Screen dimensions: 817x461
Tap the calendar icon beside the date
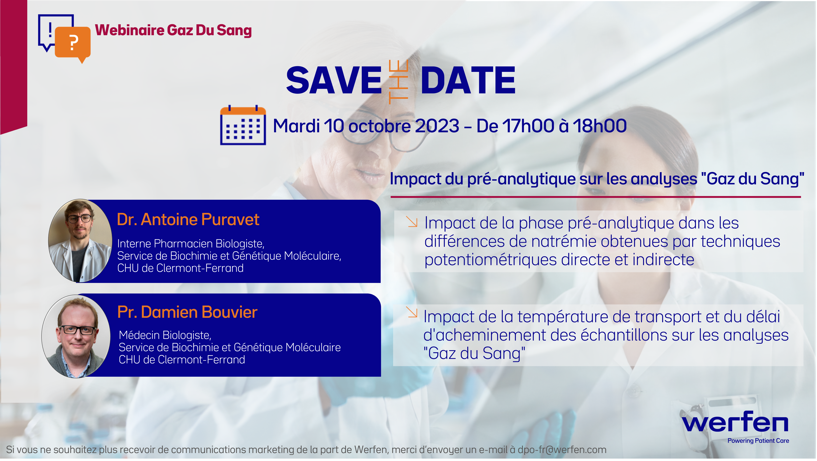click(243, 125)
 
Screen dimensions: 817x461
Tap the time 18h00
click(600, 126)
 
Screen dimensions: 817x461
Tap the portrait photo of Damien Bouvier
click(76, 336)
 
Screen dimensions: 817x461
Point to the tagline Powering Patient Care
click(758, 441)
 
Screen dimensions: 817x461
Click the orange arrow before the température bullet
click(412, 312)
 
